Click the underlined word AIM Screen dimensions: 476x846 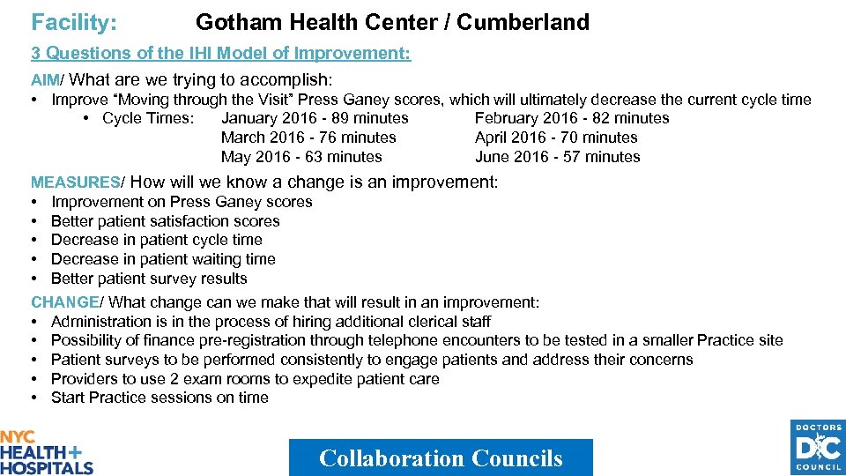click(x=45, y=80)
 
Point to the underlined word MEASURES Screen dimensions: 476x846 click(x=75, y=182)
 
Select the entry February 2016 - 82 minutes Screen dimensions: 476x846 click(x=572, y=118)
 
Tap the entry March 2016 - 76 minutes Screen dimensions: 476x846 click(x=308, y=138)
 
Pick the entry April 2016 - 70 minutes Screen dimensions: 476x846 click(x=556, y=138)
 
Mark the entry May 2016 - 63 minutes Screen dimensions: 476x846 click(x=301, y=157)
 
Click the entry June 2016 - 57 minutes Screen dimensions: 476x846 click(x=558, y=157)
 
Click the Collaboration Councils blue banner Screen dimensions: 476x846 click(x=441, y=457)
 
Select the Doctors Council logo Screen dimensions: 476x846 click(x=819, y=448)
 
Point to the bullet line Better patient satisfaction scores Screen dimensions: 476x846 click(x=165, y=221)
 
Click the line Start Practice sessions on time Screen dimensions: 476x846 click(x=160, y=398)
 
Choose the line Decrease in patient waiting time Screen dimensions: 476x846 click(x=163, y=259)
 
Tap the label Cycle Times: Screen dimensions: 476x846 click(x=148, y=118)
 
